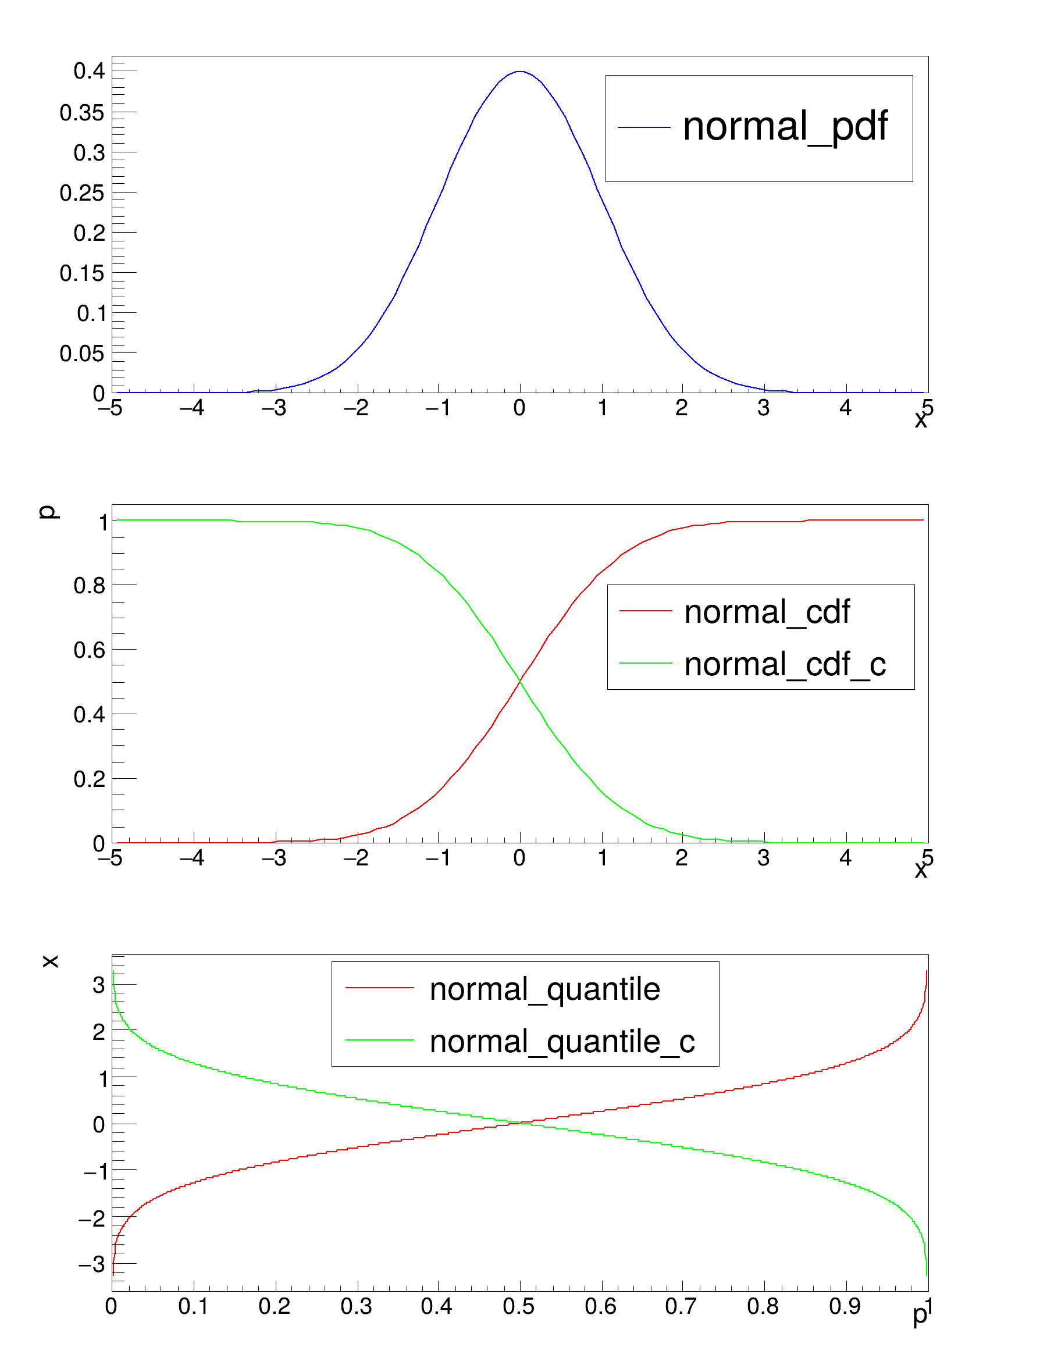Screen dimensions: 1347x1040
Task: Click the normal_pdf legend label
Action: pyautogui.click(x=785, y=127)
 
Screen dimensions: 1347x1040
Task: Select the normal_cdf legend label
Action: pyautogui.click(x=767, y=612)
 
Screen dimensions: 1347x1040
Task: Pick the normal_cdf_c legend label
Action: pyautogui.click(x=785, y=664)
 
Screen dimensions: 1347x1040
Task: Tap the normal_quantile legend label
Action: pyautogui.click(x=544, y=989)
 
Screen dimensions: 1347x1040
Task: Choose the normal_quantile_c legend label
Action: pyautogui.click(x=562, y=1042)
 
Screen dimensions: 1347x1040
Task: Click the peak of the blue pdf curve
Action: pyautogui.click(x=520, y=72)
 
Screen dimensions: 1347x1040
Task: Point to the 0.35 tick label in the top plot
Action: pyautogui.click(x=82, y=113)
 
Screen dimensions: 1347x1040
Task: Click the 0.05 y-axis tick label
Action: pyautogui.click(x=82, y=354)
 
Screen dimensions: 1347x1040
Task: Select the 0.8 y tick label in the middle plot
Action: pyautogui.click(x=90, y=585)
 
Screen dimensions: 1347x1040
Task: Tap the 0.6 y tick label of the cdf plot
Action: pyautogui.click(x=90, y=650)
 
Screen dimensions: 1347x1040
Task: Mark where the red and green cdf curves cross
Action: pyautogui.click(x=520, y=680)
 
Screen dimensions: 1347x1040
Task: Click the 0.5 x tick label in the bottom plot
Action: pyautogui.click(x=518, y=1306)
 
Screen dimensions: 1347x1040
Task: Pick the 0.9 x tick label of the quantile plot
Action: pyautogui.click(x=845, y=1306)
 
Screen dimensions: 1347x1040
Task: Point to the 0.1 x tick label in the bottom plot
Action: pyautogui.click(x=193, y=1306)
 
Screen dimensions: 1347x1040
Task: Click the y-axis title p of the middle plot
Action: pyautogui.click(x=48, y=512)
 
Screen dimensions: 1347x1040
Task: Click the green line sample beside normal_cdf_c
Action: pyautogui.click(x=645, y=663)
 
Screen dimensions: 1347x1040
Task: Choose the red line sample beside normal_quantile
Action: pyautogui.click(x=379, y=988)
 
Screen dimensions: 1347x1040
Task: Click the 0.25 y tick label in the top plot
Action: pyautogui.click(x=82, y=193)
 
